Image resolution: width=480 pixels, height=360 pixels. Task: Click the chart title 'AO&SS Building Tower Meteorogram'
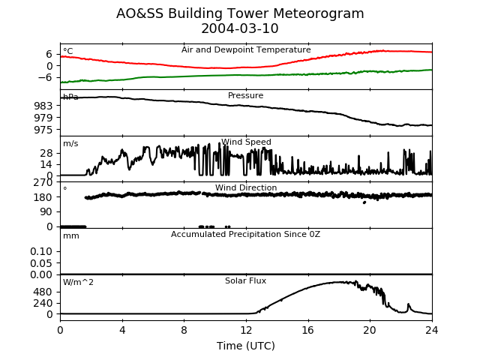(x=240, y=13)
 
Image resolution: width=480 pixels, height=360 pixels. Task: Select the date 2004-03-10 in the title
(x=240, y=28)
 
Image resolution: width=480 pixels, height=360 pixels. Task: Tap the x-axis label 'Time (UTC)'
(x=246, y=346)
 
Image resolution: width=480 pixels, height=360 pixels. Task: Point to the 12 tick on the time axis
(x=246, y=330)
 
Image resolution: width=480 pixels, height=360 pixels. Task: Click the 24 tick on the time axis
(x=432, y=330)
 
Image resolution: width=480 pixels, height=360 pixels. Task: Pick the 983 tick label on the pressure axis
(x=43, y=106)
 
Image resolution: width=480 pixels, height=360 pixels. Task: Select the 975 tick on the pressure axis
(x=43, y=130)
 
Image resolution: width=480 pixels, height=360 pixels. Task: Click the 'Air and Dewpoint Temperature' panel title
(x=246, y=50)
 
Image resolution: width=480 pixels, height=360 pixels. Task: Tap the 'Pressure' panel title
(x=245, y=95)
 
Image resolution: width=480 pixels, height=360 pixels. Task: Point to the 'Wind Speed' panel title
(x=246, y=142)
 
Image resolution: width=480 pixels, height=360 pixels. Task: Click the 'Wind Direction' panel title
(x=246, y=187)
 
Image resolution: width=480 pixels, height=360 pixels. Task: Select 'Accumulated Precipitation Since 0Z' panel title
(x=245, y=235)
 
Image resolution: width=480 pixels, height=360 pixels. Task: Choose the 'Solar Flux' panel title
(x=245, y=280)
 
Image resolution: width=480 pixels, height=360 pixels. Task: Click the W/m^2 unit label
(x=78, y=282)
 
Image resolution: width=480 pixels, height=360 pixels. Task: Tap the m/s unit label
(x=70, y=143)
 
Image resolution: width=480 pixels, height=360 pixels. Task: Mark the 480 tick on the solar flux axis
(x=43, y=292)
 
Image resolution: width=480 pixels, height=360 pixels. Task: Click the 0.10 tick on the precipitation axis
(x=41, y=252)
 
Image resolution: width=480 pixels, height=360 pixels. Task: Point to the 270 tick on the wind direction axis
(x=43, y=182)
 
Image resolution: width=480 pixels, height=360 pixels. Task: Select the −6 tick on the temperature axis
(x=45, y=77)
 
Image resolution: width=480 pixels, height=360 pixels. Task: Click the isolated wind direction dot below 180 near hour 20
(x=364, y=202)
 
